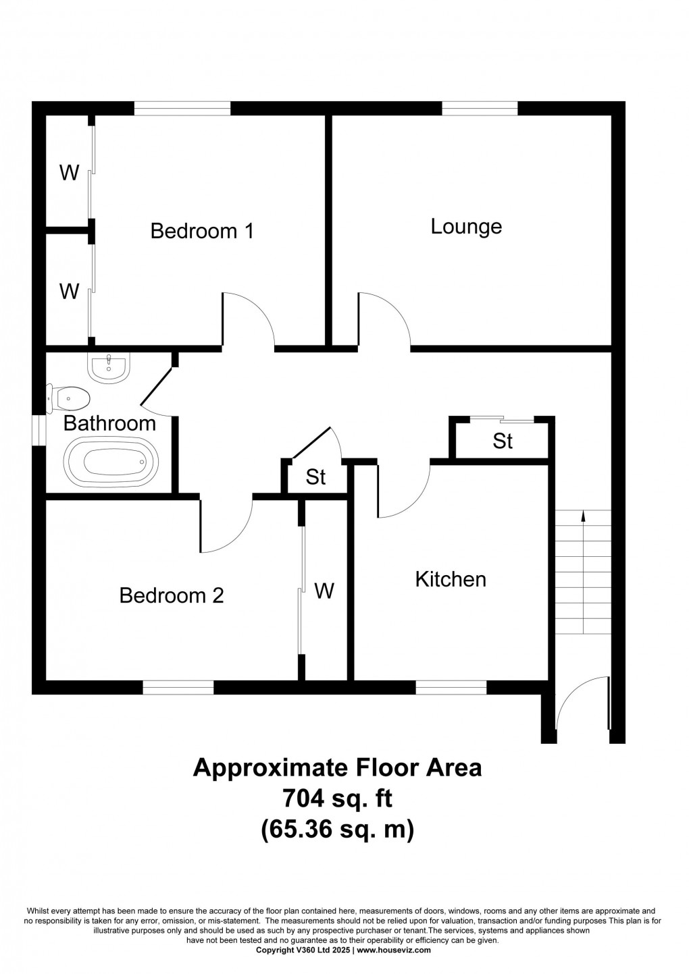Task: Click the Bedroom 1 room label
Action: [x=202, y=231]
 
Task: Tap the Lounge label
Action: [x=466, y=226]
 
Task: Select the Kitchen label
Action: [x=451, y=579]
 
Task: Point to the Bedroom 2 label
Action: [x=172, y=595]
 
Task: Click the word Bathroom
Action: [x=109, y=423]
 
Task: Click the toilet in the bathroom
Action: [x=68, y=398]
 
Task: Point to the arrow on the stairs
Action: [x=584, y=516]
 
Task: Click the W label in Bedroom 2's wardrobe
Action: [x=324, y=591]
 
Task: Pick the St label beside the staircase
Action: [x=503, y=441]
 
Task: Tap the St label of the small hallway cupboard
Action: [x=315, y=477]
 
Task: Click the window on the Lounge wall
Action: [x=480, y=108]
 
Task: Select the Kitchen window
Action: [x=451, y=688]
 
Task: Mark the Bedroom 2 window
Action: [x=178, y=688]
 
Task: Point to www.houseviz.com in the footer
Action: [x=393, y=950]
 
